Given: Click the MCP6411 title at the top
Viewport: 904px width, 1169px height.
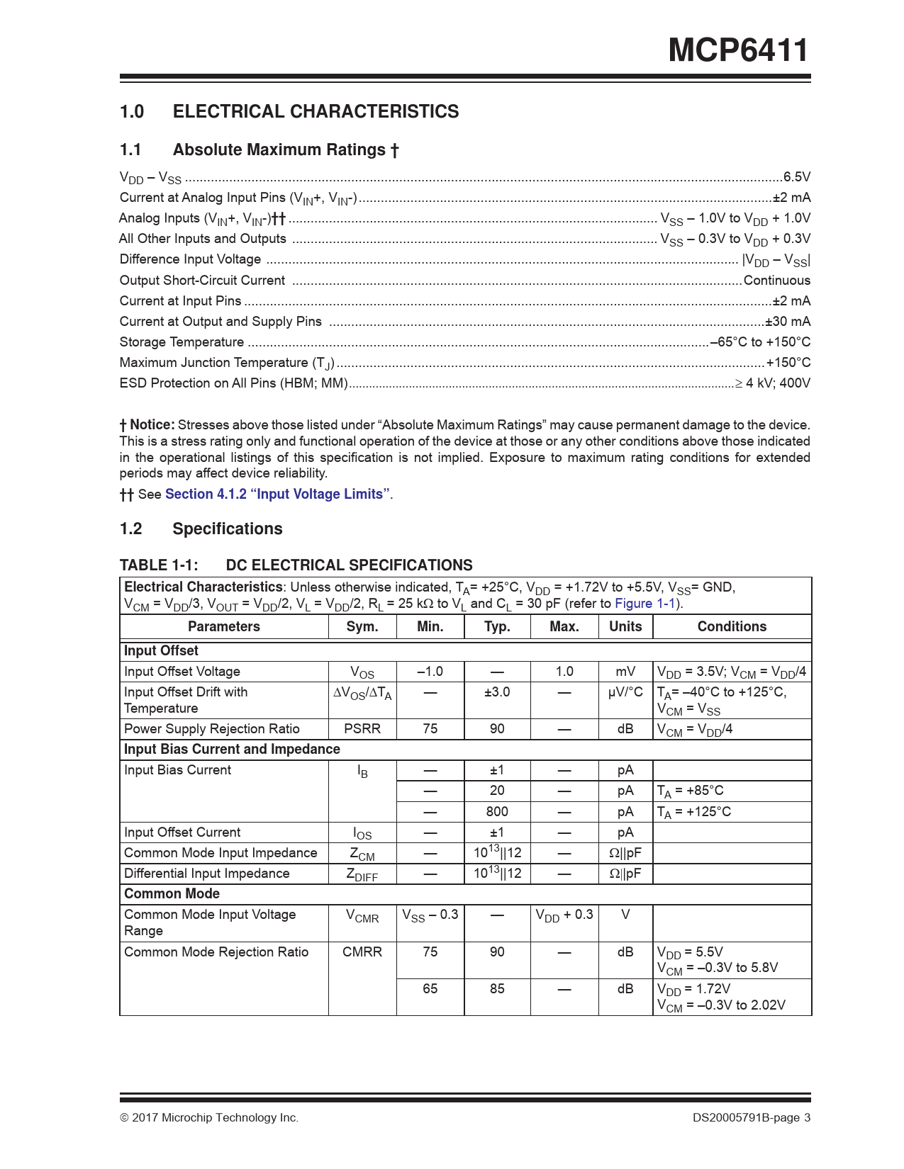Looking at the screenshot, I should pyautogui.click(x=738, y=50).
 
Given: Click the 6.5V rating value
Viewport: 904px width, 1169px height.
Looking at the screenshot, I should pyautogui.click(x=796, y=177).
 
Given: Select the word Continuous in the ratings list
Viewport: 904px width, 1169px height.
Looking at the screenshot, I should pyautogui.click(x=776, y=281).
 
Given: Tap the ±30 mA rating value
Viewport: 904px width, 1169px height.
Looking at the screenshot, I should pyautogui.click(x=788, y=322).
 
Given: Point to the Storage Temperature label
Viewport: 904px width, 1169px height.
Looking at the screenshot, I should pyautogui.click(x=182, y=342).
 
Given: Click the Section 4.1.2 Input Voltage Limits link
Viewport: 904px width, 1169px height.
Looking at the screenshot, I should pyautogui.click(x=277, y=494).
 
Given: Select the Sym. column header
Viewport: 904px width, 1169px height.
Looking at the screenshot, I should pyautogui.click(x=362, y=626).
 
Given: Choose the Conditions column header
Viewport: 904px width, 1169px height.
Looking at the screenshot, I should pyautogui.click(x=732, y=626).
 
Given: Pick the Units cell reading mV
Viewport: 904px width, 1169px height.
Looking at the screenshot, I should pyautogui.click(x=625, y=672).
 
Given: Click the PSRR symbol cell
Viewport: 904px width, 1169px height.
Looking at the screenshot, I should pyautogui.click(x=362, y=729).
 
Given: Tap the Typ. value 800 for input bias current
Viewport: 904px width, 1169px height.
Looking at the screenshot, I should pyautogui.click(x=497, y=812).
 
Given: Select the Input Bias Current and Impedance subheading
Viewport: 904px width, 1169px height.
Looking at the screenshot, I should pyautogui.click(x=232, y=750).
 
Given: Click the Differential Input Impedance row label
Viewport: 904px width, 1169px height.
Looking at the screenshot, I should pyautogui.click(x=206, y=874).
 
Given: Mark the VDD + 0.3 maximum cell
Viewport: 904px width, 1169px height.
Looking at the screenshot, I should pyautogui.click(x=564, y=915).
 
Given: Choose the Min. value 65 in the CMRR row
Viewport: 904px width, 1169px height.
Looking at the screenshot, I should pyautogui.click(x=430, y=989).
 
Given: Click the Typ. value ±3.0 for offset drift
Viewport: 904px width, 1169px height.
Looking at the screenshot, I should pyautogui.click(x=497, y=692).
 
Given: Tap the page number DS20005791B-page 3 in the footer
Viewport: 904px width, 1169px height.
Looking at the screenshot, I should pyautogui.click(x=752, y=1118).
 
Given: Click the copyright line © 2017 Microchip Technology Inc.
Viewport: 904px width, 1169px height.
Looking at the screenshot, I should pyautogui.click(x=209, y=1118).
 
